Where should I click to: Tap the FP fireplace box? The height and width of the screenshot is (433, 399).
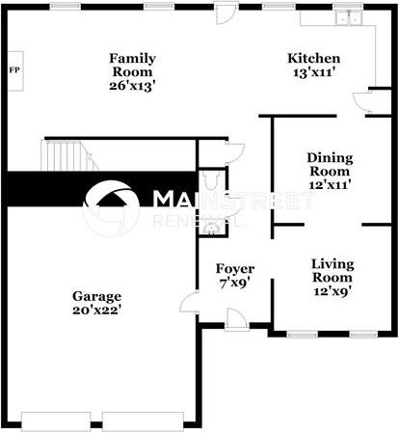pos(14,70)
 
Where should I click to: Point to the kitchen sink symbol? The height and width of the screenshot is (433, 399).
pos(345,18)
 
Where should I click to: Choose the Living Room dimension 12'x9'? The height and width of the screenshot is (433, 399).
pos(332,292)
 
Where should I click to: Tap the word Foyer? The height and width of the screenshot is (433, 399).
pos(235,268)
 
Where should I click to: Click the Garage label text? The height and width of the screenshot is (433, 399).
pos(97,295)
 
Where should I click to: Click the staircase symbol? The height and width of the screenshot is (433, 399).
pos(64,155)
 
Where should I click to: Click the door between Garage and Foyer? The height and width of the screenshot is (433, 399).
pos(190,304)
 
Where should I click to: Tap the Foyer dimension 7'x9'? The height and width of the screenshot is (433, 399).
pos(235,284)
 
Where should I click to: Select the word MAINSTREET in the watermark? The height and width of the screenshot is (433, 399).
pos(233,201)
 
